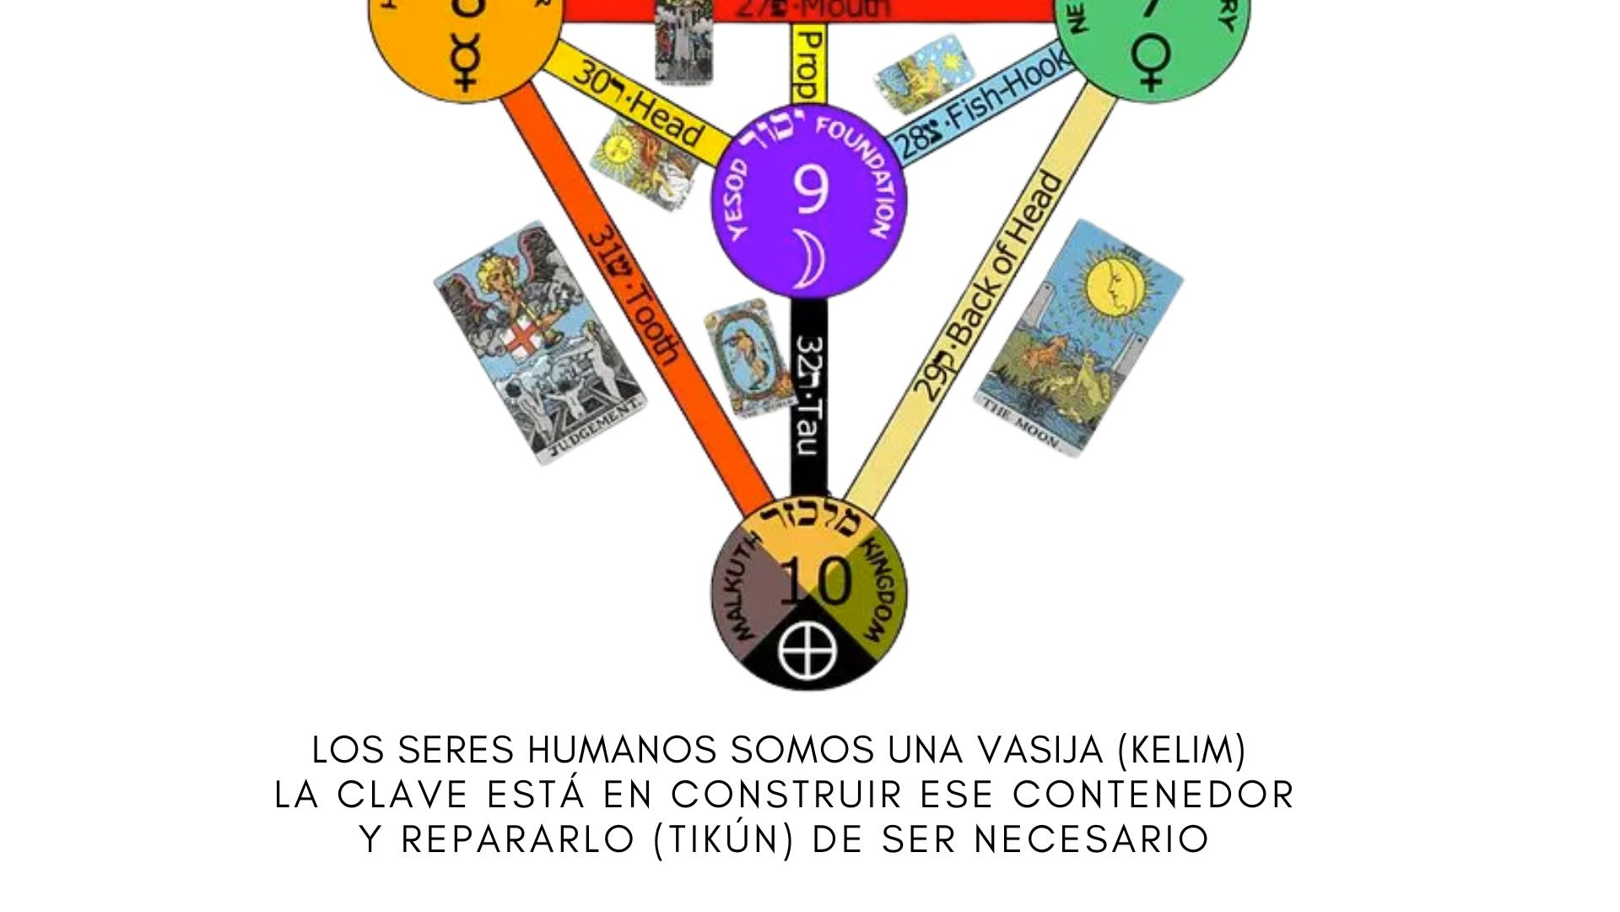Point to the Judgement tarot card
(x=540, y=342)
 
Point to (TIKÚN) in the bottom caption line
(x=724, y=839)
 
